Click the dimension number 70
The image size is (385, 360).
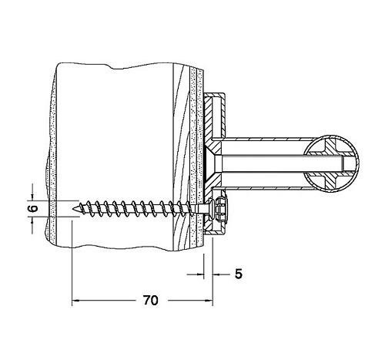coord(151,300)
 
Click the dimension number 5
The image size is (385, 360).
coord(239,274)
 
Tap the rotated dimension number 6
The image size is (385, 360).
coord(33,208)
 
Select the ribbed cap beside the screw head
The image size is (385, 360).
coord(220,208)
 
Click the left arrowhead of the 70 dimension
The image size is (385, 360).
coord(75,300)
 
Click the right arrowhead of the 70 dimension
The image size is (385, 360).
coord(209,300)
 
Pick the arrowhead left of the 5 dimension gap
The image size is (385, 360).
coord(200,274)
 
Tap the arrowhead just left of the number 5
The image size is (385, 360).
coord(217,274)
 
